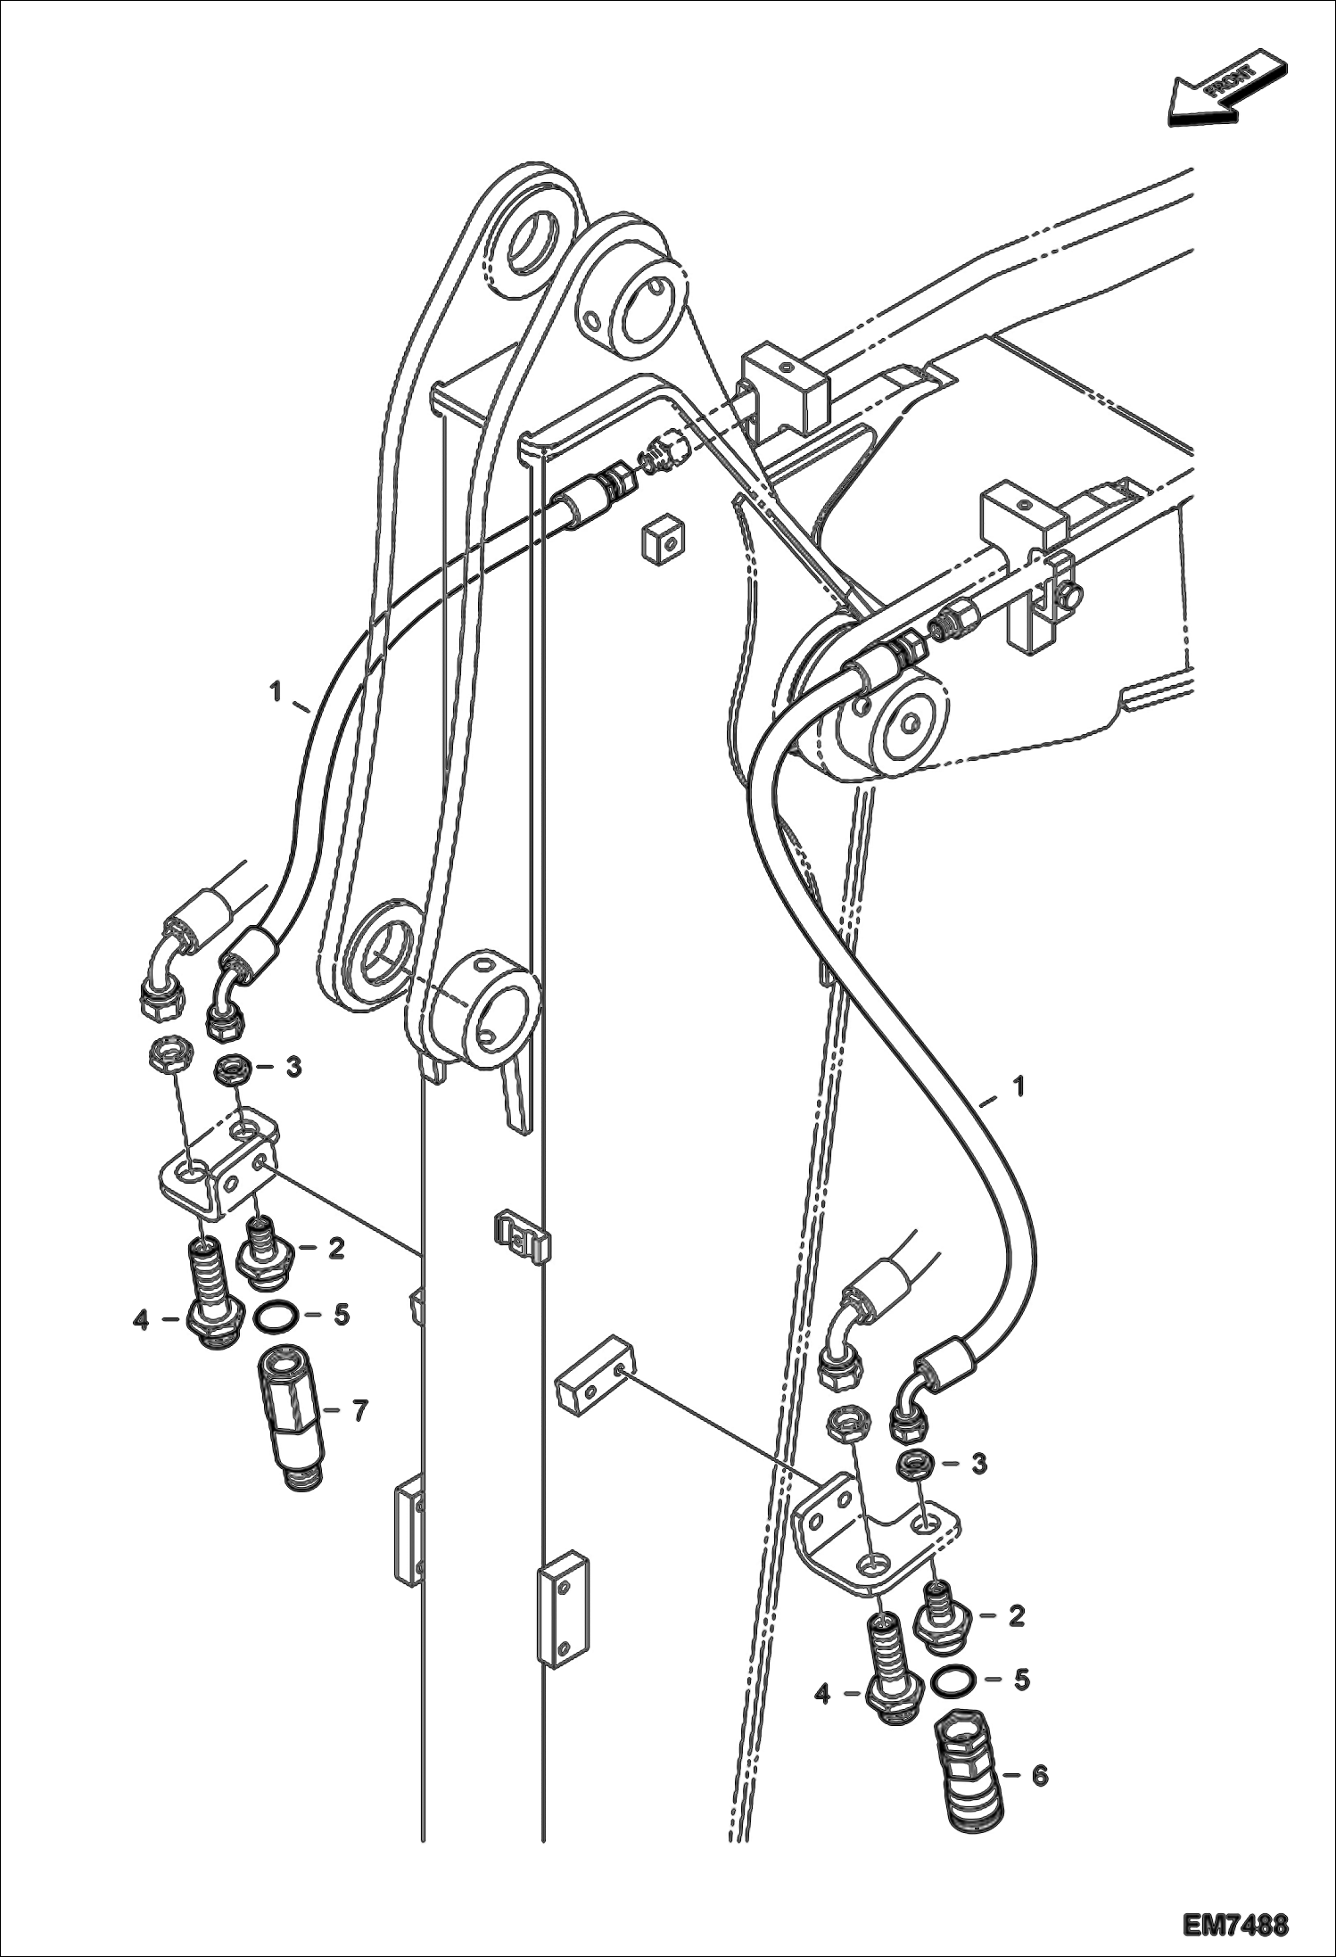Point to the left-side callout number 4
point(141,1319)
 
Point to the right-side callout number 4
point(822,1693)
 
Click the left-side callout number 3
point(293,1067)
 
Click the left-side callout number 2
point(335,1249)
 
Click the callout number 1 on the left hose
point(276,690)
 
